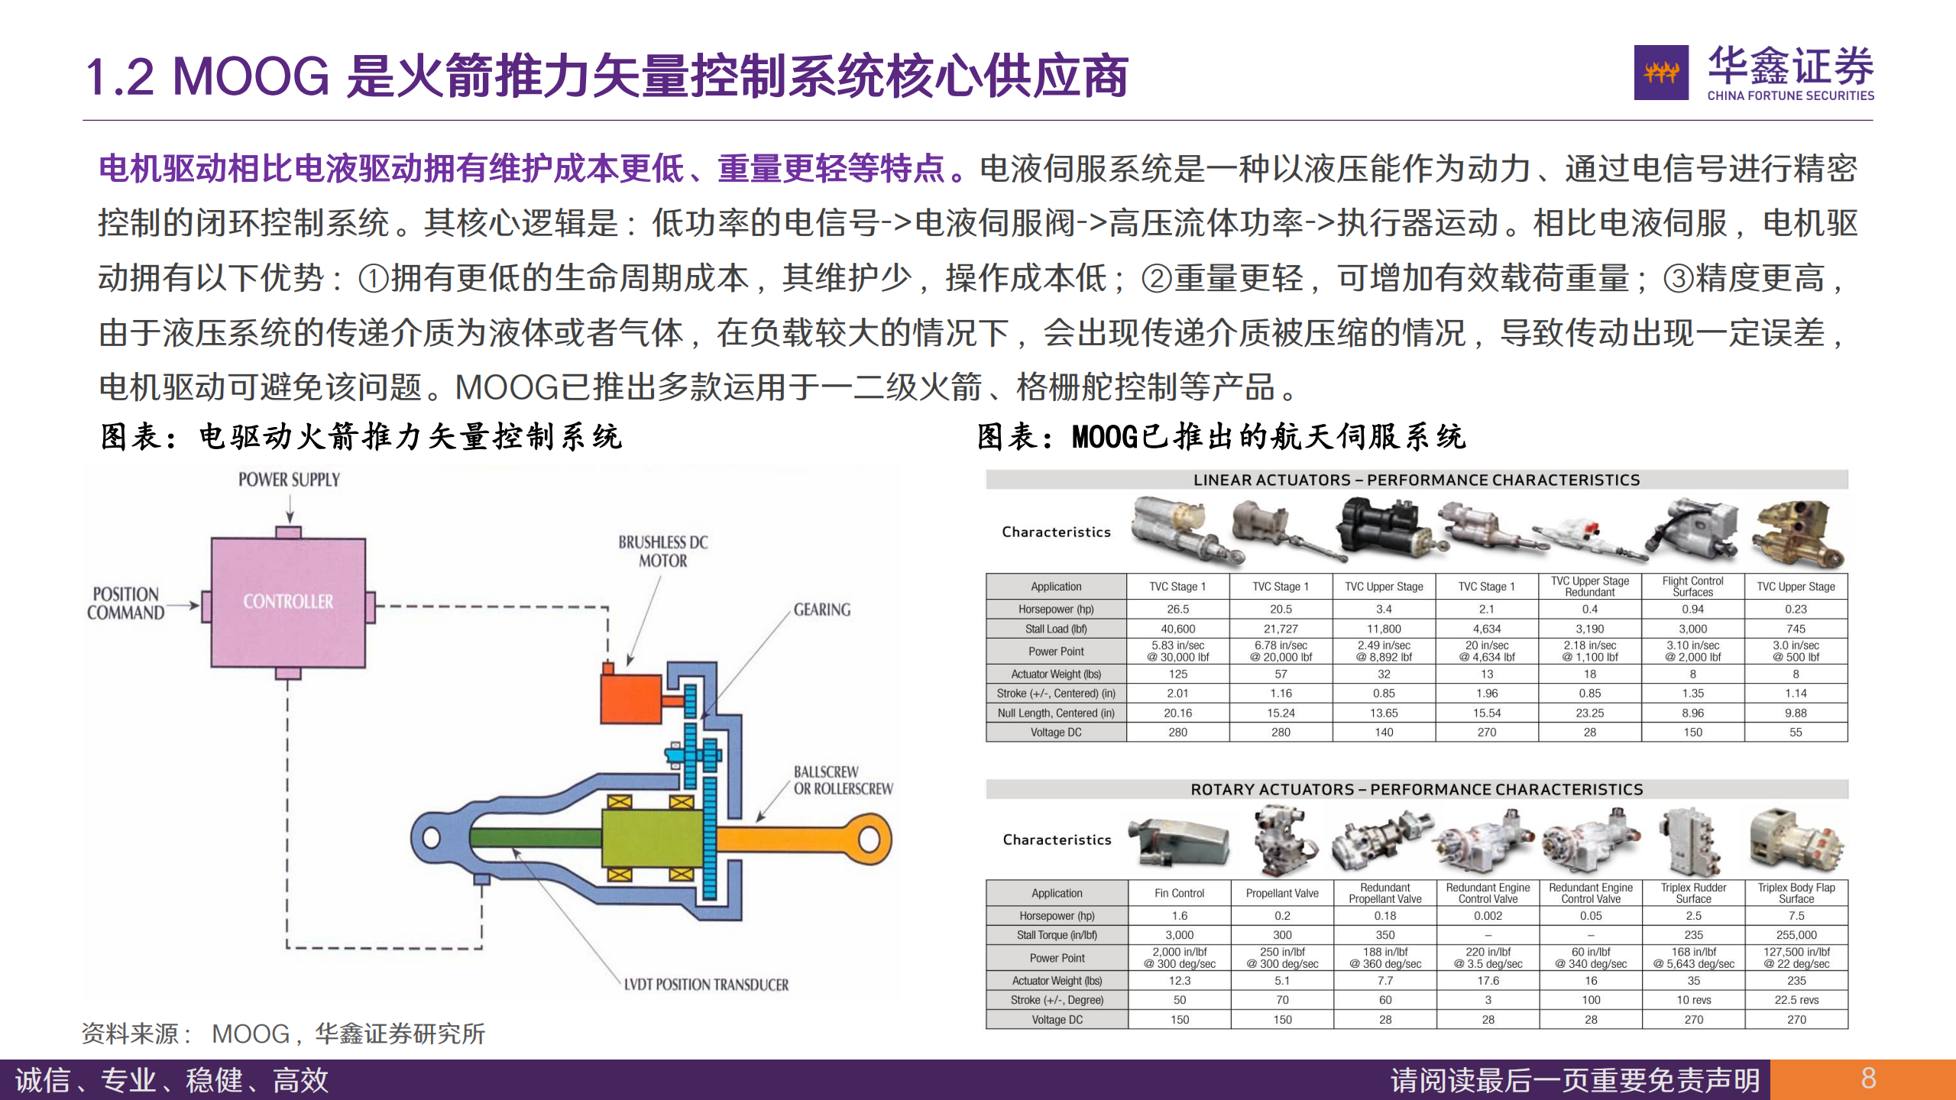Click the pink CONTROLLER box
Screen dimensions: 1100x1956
click(x=288, y=601)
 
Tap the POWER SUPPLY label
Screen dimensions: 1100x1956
click(x=289, y=480)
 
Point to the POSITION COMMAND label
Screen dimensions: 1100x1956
click(x=126, y=603)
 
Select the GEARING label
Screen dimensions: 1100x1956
click(x=821, y=610)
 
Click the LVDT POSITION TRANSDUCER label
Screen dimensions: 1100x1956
click(x=706, y=985)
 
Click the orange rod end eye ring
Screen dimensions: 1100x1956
click(x=869, y=839)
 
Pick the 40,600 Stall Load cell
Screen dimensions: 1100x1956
click(x=1177, y=629)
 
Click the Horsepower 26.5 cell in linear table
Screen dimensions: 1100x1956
click(x=1177, y=609)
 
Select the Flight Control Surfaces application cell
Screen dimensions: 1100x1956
click(x=1692, y=587)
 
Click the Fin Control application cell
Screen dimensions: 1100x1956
click(x=1179, y=893)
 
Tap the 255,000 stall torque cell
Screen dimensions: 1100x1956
click(x=1796, y=935)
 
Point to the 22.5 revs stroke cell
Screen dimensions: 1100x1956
click(x=1796, y=1000)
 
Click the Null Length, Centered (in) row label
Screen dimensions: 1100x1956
click(x=1056, y=713)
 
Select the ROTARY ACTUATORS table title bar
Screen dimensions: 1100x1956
click(x=1417, y=789)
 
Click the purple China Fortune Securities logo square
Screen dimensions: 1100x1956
click(x=1661, y=73)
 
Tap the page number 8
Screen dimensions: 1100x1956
click(x=1868, y=1079)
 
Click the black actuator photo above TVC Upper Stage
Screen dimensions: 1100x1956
click(x=1381, y=529)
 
